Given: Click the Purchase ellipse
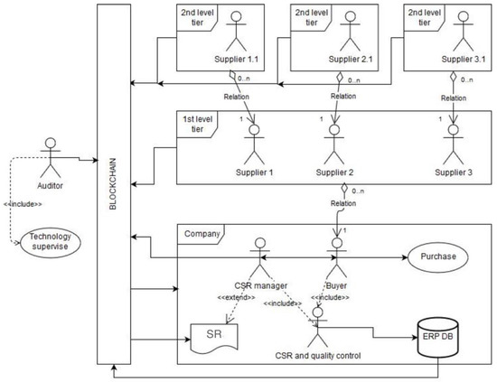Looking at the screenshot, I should pos(434,256).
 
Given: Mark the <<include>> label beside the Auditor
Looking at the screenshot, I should pos(23,204).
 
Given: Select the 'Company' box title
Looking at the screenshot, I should pos(201,231).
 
